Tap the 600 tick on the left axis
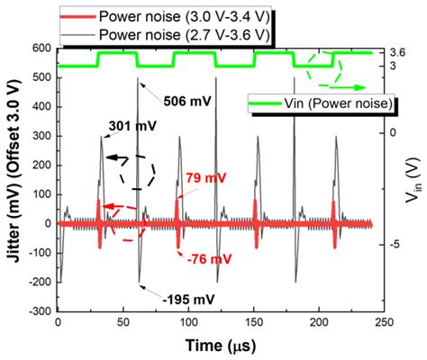click(x=42, y=49)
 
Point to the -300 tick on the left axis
click(x=40, y=311)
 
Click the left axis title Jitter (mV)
click(x=14, y=180)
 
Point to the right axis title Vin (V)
click(x=415, y=180)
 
